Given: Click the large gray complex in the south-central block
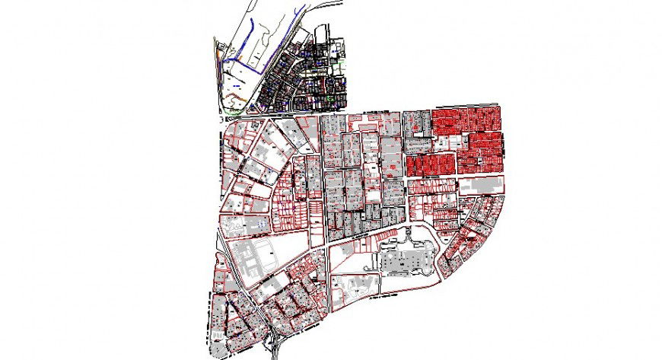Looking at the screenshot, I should [x=406, y=260].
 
